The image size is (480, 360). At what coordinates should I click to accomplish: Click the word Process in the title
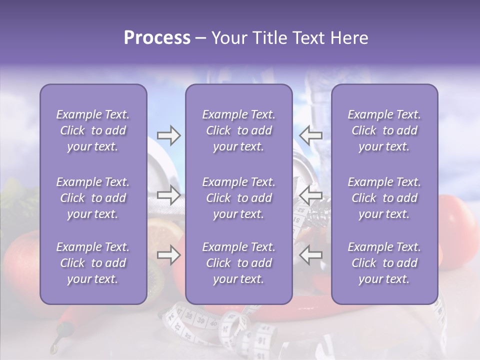tap(157, 38)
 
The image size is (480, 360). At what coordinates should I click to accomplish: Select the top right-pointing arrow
tap(169, 135)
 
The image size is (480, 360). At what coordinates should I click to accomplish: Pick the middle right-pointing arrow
tap(169, 195)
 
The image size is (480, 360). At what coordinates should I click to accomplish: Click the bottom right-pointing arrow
tap(169, 255)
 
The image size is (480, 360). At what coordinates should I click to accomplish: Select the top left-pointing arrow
tap(311, 135)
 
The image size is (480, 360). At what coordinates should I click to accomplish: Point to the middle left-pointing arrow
tap(311, 195)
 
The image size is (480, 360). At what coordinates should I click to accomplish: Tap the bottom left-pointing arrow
tap(311, 255)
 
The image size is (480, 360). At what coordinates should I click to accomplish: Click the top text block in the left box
tap(93, 130)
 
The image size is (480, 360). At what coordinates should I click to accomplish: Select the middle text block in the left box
tap(93, 198)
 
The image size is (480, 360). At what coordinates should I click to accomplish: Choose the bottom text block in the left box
tap(93, 263)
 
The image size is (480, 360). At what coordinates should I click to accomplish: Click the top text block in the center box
tap(239, 130)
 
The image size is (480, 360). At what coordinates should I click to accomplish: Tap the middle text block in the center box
tap(239, 198)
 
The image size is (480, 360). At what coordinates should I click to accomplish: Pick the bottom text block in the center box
tap(239, 263)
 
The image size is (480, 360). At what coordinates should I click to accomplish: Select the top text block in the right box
tap(384, 130)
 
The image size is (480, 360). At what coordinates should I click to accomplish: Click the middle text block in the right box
tap(384, 198)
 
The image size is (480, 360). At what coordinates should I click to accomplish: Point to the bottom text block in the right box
tap(384, 263)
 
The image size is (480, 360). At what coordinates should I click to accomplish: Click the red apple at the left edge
tap(20, 260)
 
